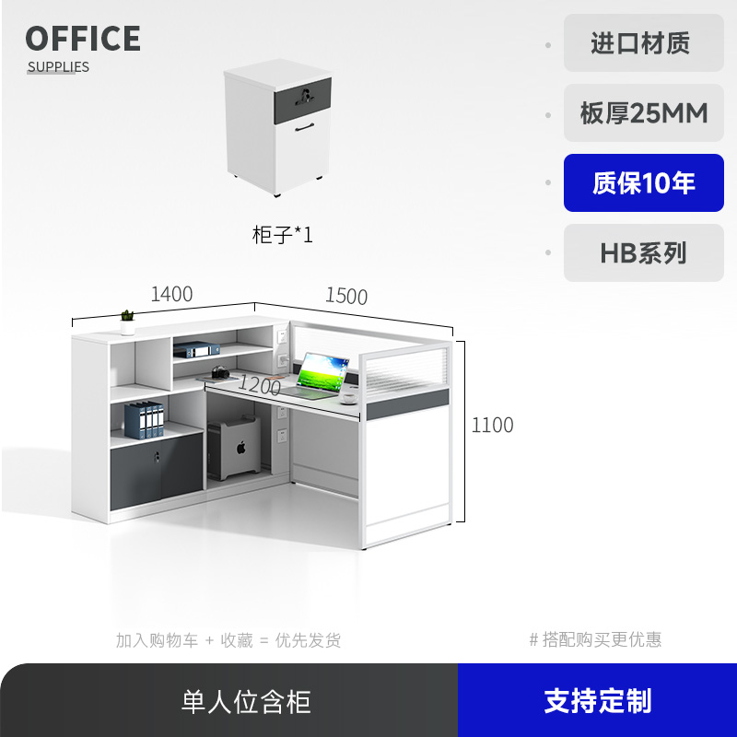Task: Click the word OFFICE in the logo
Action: click(x=83, y=39)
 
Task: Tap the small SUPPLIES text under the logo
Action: click(x=58, y=66)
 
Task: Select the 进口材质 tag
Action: click(x=644, y=43)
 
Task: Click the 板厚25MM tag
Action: click(x=644, y=113)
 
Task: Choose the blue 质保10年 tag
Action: click(x=644, y=183)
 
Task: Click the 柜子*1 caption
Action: click(x=283, y=235)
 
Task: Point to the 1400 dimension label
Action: click(x=171, y=294)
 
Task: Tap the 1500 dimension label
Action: click(x=345, y=296)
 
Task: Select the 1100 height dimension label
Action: click(x=492, y=426)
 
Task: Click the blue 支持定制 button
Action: click(x=597, y=700)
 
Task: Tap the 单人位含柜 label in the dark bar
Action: click(x=246, y=701)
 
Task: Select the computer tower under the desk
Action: click(x=232, y=450)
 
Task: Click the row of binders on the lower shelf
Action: click(x=144, y=420)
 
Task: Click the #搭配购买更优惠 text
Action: click(x=595, y=639)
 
